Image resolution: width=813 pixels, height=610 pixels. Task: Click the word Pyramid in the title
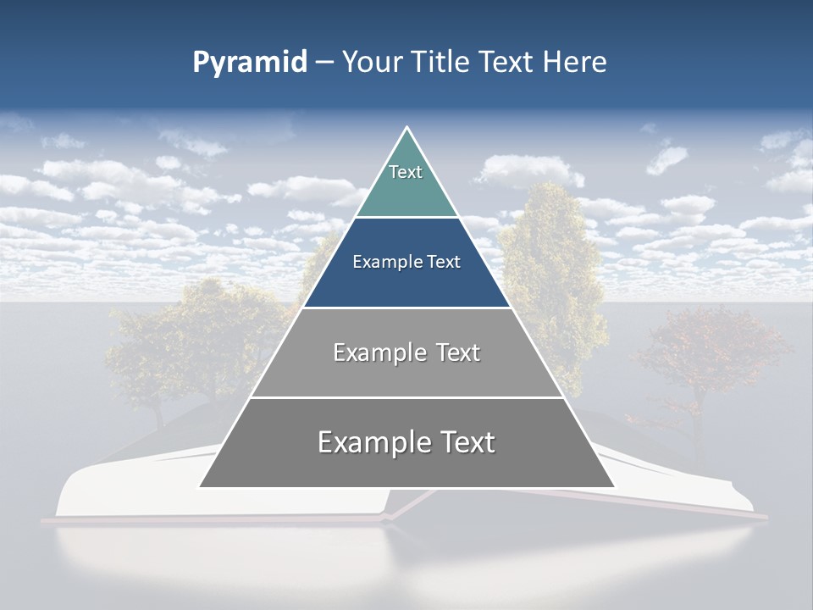(249, 63)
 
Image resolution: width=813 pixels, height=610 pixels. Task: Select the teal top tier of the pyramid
(406, 191)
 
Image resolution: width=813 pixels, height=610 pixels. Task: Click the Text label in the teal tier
(406, 172)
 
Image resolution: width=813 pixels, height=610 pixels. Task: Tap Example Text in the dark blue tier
(406, 262)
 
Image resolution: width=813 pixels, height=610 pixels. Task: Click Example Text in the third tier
(406, 352)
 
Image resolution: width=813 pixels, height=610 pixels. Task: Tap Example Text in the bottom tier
(406, 442)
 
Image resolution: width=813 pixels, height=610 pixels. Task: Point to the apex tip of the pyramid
(406, 129)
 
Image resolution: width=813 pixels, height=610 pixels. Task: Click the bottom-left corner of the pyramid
(200, 486)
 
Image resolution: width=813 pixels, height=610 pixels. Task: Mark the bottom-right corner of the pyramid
(613, 486)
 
